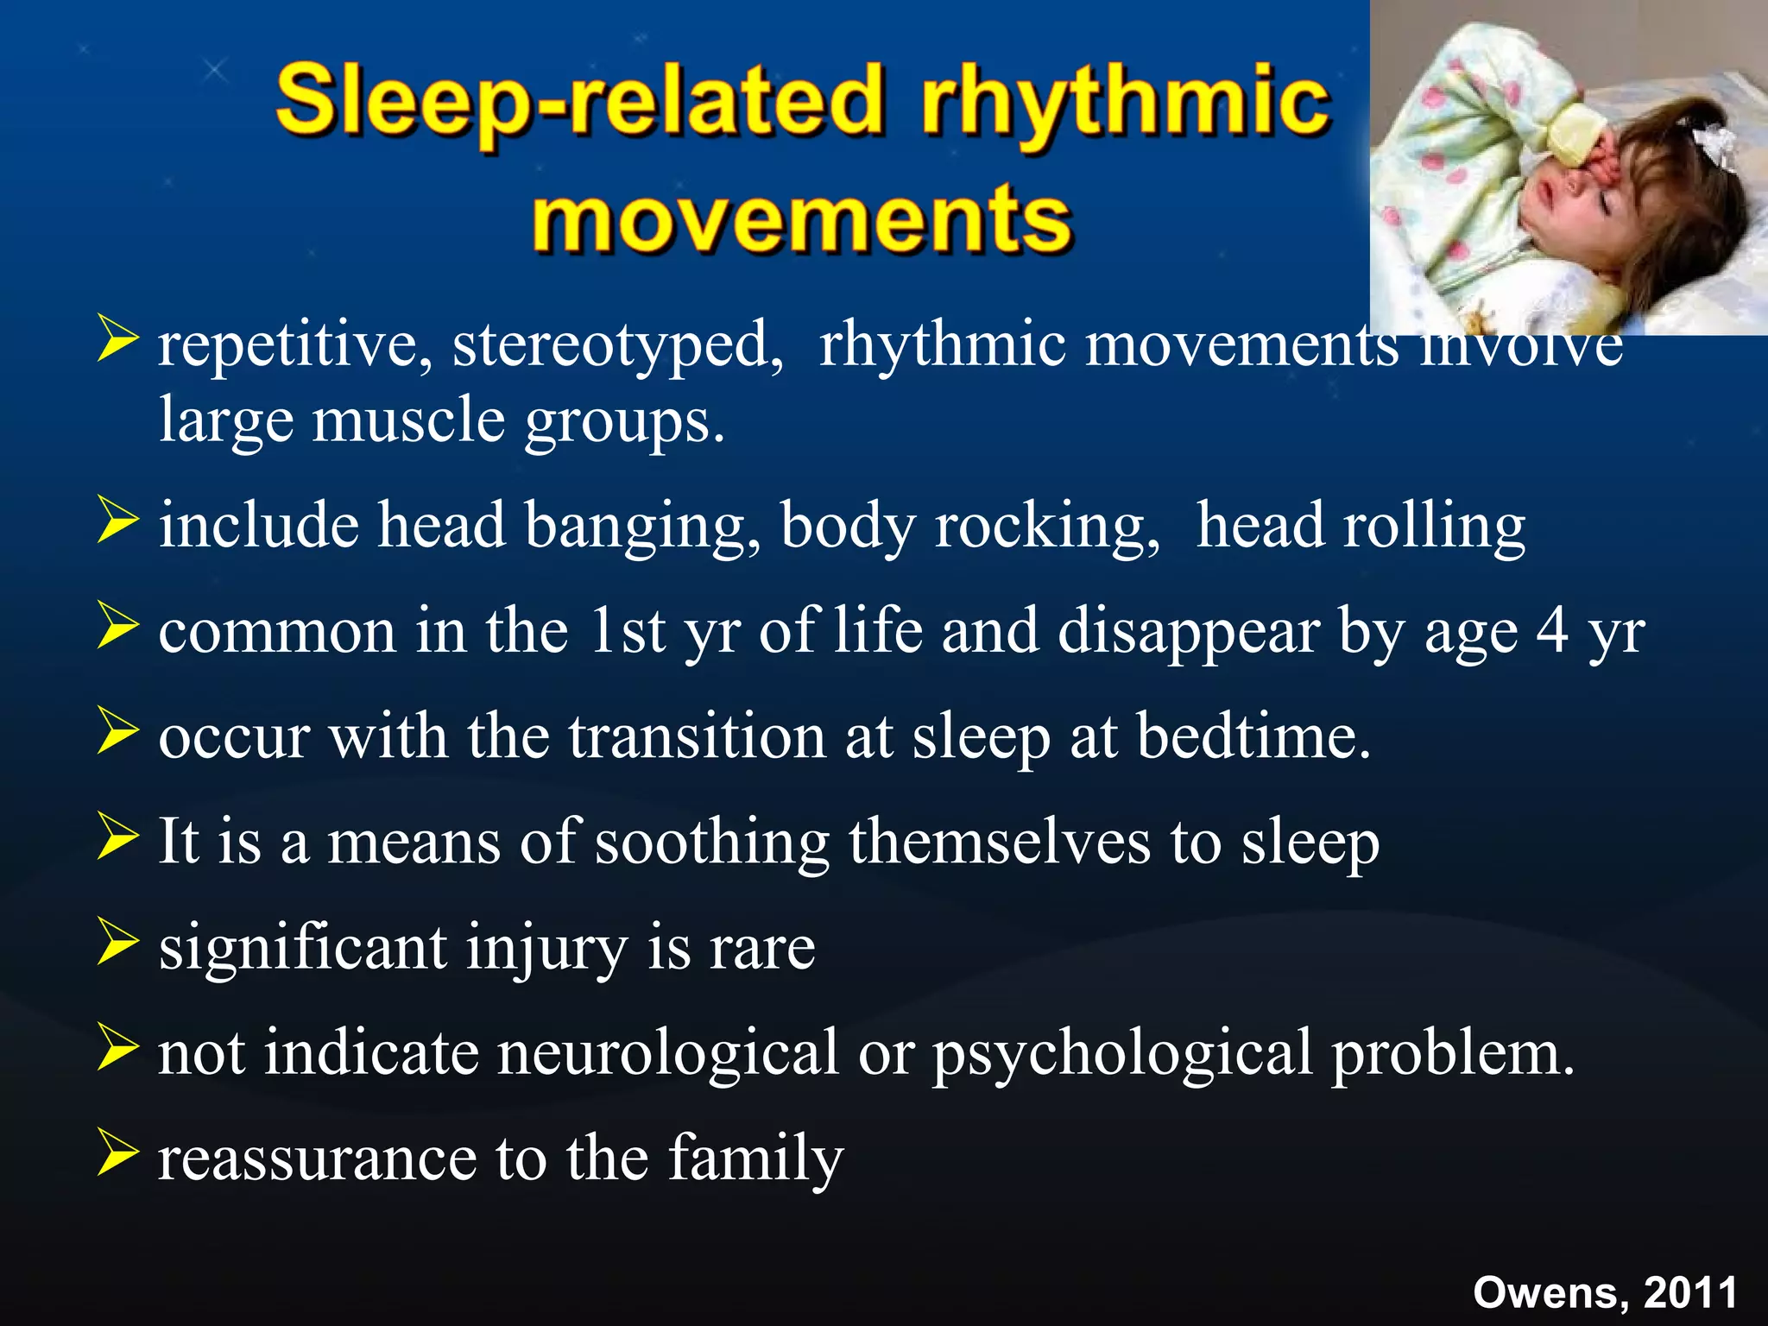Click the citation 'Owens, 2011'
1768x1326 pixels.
(1605, 1292)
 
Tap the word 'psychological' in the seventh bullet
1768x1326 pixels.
(1122, 1054)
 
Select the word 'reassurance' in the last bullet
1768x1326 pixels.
(317, 1159)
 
